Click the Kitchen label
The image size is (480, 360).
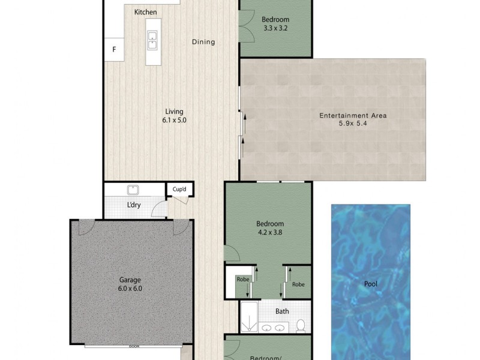(146, 12)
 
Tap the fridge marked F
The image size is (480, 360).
(113, 49)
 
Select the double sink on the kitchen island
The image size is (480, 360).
(153, 39)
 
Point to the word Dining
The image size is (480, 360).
(203, 42)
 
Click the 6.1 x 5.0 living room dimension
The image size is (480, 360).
(175, 120)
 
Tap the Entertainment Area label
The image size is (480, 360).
(353, 115)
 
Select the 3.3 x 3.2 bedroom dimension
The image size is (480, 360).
(276, 27)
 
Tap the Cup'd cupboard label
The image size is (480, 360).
(179, 190)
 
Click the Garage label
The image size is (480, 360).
(130, 279)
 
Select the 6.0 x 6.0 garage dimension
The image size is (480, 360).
(130, 288)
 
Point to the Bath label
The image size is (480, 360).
(283, 311)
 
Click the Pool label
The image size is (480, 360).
(371, 284)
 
